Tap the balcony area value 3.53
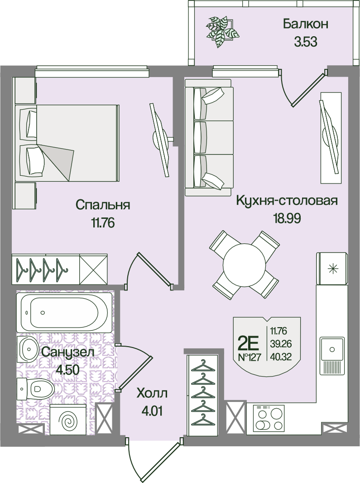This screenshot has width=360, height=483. point(306,42)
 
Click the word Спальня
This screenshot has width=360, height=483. point(103,205)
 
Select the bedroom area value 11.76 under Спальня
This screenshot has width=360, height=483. point(103,222)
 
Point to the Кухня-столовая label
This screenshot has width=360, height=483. point(287,201)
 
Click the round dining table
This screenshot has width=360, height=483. point(244,265)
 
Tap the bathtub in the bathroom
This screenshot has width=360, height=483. point(64,312)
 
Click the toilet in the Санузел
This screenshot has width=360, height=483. point(36,388)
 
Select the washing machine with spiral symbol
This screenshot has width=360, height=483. point(68,420)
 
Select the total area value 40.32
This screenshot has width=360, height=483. point(281,357)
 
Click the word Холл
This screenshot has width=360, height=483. point(152,393)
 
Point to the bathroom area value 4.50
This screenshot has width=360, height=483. point(67,369)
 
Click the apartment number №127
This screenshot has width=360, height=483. point(250,357)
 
